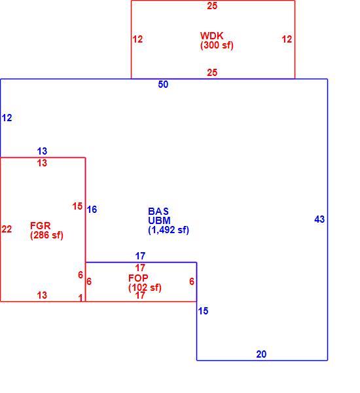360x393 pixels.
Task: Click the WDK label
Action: pos(211,36)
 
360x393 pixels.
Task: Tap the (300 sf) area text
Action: pos(217,45)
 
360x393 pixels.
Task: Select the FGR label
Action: pos(41,226)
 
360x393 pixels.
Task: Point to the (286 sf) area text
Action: pos(46,235)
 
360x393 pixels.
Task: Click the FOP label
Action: pos(138,278)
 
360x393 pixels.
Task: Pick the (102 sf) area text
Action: pos(145,288)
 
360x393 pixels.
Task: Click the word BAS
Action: pos(158,212)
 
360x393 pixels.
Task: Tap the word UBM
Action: pos(159,221)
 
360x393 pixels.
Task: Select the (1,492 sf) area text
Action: pos(169,230)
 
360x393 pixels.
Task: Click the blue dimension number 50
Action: pos(163,84)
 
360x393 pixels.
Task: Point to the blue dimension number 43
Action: pos(319,219)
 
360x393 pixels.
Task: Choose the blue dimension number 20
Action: pos(261,354)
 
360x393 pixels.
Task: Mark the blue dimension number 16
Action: pos(92,210)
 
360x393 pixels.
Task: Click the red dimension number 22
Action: pos(7,229)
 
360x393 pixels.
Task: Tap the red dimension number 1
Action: pos(81,298)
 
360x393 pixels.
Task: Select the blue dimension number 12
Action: pos(7,118)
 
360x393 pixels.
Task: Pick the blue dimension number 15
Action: pos(203,311)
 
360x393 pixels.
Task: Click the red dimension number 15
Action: pos(77,206)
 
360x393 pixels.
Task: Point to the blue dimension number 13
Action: pos(42,151)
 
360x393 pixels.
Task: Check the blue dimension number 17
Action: pos(140,256)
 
